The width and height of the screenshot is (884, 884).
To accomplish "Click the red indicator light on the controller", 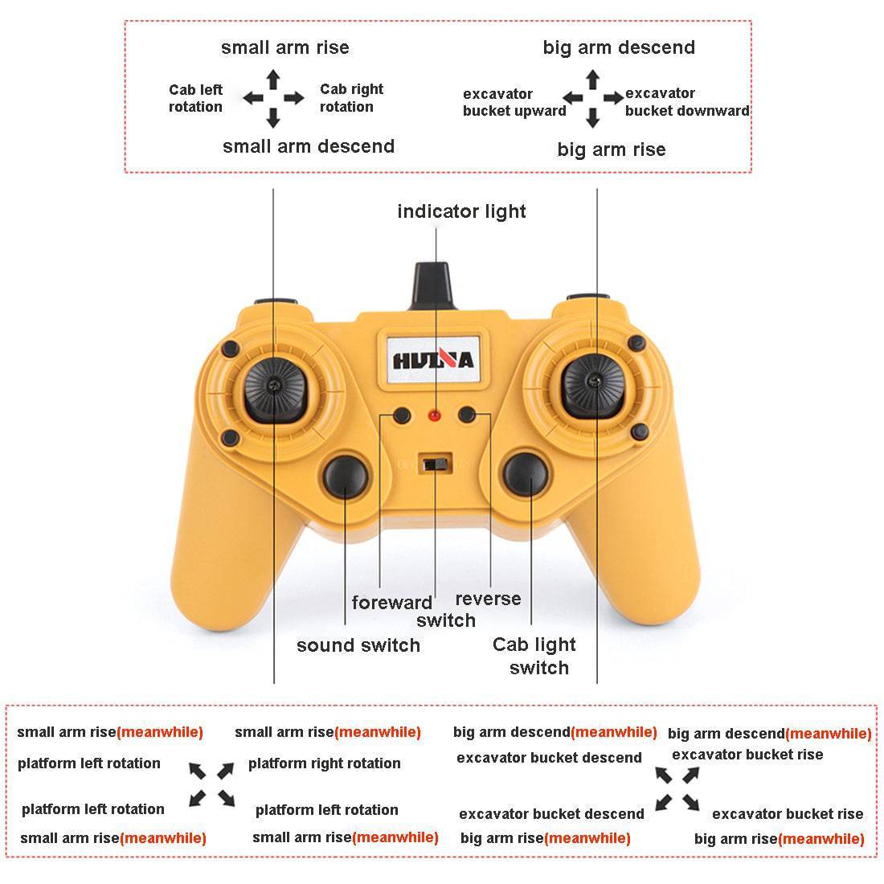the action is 434,416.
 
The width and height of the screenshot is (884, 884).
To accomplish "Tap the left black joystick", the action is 275,389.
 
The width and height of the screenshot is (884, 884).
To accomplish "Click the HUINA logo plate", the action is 433,360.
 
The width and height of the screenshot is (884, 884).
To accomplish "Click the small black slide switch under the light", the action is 436,465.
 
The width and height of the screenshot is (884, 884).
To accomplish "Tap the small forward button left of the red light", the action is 402,416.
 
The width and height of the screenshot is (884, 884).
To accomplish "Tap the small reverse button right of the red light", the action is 467,415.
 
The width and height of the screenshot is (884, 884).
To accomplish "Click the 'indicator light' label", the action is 461,211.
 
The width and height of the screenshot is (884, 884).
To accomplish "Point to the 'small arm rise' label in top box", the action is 284,47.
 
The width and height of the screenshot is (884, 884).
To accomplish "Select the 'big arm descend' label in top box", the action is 619,47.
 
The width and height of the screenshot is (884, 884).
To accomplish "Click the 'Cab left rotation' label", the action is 195,98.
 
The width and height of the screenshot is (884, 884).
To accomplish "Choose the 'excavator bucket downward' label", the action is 687,101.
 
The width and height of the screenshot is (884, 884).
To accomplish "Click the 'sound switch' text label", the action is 358,645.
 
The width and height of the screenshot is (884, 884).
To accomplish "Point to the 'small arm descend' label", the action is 309,146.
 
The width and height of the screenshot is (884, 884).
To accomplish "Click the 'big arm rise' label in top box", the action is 611,149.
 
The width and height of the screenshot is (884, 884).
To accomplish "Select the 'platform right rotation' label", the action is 324,763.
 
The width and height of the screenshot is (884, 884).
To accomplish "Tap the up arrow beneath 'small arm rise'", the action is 273,80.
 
